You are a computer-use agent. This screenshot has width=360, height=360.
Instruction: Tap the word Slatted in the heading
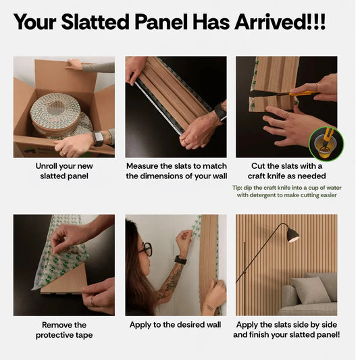[x=95, y=22]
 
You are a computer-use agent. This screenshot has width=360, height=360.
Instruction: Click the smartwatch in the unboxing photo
[x=98, y=138]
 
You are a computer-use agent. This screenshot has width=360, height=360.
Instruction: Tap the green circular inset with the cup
[x=326, y=143]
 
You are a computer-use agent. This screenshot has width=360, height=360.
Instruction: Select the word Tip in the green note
[x=237, y=188]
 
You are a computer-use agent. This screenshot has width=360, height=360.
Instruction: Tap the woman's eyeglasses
[x=146, y=249]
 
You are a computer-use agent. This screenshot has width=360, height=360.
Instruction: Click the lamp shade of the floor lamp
[x=292, y=235]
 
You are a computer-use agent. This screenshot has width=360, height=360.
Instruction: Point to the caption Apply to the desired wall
[x=175, y=325]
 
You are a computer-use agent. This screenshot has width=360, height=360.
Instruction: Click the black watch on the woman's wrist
[x=181, y=260]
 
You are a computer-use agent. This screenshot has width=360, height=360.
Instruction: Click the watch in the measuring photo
[x=221, y=112]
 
